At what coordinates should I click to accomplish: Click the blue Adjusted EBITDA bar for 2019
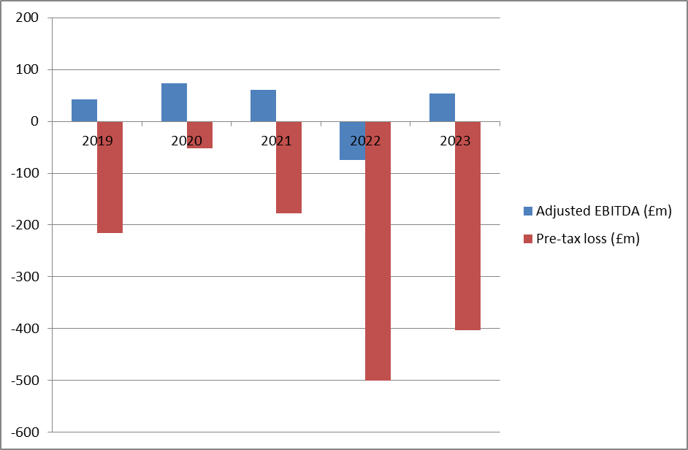(x=84, y=110)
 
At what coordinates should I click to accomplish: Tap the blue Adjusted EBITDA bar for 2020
(x=174, y=102)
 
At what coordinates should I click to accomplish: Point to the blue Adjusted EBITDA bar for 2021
(x=263, y=105)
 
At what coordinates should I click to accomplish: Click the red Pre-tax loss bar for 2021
(x=288, y=167)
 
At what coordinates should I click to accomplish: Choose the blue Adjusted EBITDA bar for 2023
(x=442, y=107)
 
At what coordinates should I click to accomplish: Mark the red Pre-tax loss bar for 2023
(x=467, y=226)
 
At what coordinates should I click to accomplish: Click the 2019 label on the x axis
(x=97, y=140)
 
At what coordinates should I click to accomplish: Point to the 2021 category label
(x=276, y=140)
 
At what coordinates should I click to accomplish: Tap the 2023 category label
(x=455, y=140)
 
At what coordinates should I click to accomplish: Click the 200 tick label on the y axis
(x=26, y=18)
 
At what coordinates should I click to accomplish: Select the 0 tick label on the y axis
(x=34, y=122)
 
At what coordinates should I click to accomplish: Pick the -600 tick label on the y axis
(x=24, y=432)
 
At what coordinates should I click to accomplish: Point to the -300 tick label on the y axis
(x=24, y=277)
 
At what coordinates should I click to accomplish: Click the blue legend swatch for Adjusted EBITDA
(x=528, y=211)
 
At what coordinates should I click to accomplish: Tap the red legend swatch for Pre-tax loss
(x=528, y=239)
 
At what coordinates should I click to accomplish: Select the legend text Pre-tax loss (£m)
(x=588, y=239)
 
